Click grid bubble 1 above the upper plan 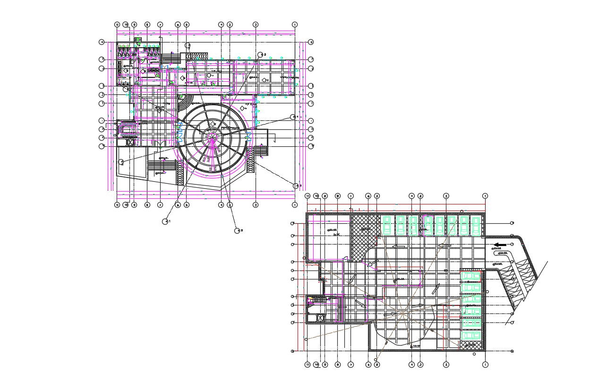tap(295, 24)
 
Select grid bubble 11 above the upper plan tap(117, 24)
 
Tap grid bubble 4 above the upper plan tap(221, 24)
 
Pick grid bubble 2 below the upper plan tap(256, 205)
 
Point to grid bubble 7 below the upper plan tap(160, 205)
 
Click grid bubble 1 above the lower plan tap(485, 195)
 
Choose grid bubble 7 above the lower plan tap(351, 195)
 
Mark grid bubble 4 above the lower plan tap(411, 195)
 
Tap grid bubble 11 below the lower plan tap(308, 364)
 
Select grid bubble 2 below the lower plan tap(446, 364)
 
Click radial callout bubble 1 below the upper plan tap(165, 221)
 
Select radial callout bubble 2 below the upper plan tap(237, 230)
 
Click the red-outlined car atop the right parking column tap(470, 276)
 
